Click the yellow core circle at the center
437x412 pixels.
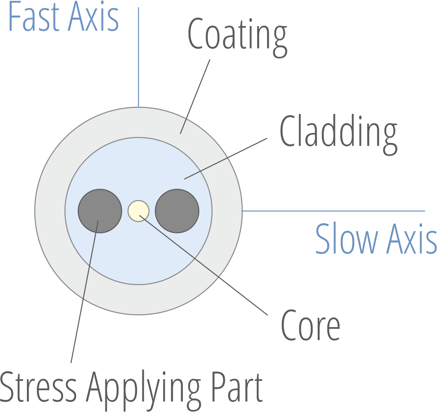click(139, 211)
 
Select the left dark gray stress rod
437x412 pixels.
click(100, 211)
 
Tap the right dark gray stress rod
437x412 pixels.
click(177, 211)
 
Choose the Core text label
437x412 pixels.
click(310, 326)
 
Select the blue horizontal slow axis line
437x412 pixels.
click(334, 211)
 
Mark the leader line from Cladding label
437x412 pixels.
click(227, 158)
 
